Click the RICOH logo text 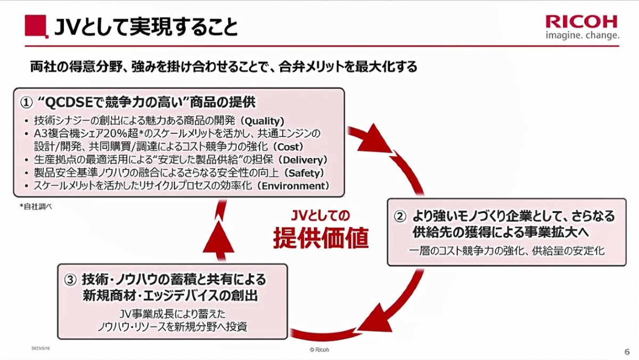581,21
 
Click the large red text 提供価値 321,238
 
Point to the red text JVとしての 321,216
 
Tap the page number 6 626,351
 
